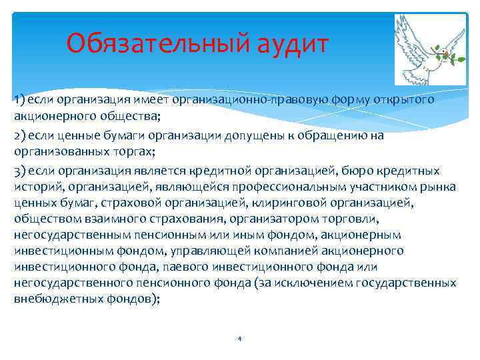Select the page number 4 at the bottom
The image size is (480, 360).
coord(239,339)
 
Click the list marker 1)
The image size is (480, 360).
coord(18,100)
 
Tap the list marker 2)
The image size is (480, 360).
coord(19,135)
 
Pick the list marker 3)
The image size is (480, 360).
coord(19,170)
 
